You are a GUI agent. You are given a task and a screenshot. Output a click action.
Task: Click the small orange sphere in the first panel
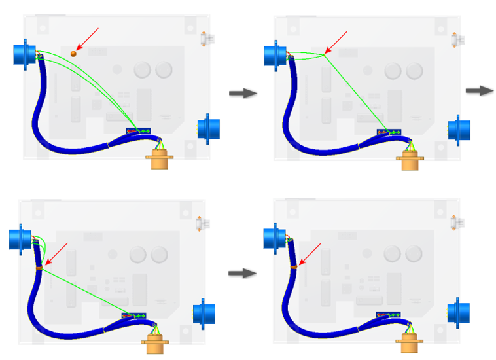click(x=73, y=53)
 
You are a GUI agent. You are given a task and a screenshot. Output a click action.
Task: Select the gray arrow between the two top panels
click(x=243, y=94)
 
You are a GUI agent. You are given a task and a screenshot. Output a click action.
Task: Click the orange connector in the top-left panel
click(x=159, y=158)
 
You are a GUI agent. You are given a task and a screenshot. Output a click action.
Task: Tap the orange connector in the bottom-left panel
click(x=154, y=340)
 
